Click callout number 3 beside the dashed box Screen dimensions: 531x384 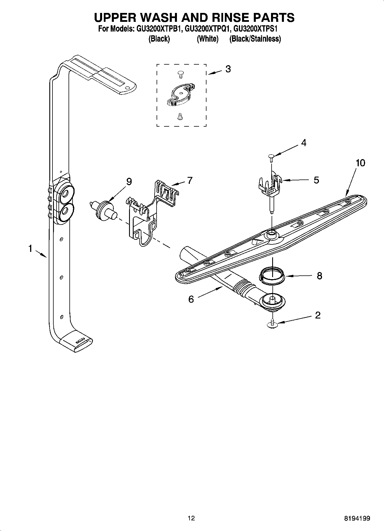(228, 69)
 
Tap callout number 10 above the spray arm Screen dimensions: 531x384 (360, 163)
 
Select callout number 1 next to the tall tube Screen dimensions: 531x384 (30, 249)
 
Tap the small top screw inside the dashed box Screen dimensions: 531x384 (180, 74)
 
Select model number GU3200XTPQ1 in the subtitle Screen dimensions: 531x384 (208, 29)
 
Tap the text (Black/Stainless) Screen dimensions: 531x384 (255, 39)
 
